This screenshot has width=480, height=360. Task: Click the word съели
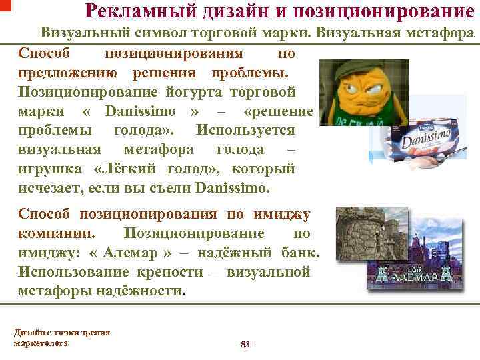pos(167,188)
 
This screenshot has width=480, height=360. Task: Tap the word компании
pos(56,233)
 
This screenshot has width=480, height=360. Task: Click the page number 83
pos(245,343)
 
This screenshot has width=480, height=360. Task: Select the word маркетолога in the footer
pos(41,343)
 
